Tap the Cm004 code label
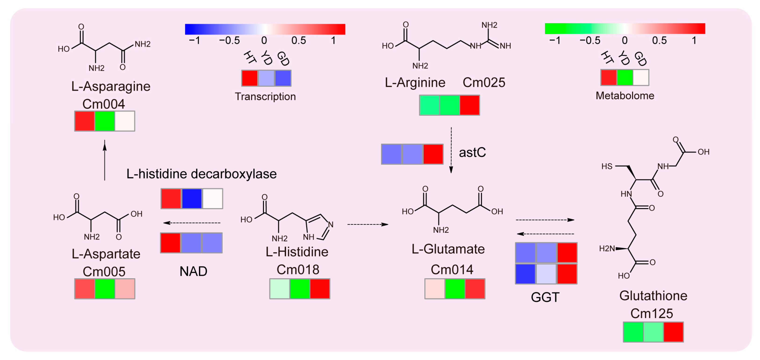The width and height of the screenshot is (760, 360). click(x=104, y=104)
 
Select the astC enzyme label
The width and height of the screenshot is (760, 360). click(x=472, y=152)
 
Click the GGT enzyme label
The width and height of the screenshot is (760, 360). click(x=545, y=297)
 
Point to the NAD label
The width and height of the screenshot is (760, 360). click(x=193, y=271)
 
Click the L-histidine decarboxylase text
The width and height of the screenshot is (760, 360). click(x=202, y=174)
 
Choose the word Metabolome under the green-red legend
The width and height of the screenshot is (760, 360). click(x=625, y=96)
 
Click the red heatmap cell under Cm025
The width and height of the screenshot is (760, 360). click(x=469, y=105)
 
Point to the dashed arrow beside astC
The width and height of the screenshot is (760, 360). click(x=451, y=150)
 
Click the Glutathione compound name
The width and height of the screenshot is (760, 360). click(x=653, y=296)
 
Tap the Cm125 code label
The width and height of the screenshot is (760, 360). click(x=652, y=314)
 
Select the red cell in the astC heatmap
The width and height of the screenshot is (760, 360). click(x=433, y=154)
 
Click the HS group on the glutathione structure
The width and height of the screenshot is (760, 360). click(x=607, y=167)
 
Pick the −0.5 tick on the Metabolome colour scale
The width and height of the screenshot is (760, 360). click(x=590, y=40)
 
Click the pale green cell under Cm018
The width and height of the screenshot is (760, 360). click(x=280, y=289)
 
